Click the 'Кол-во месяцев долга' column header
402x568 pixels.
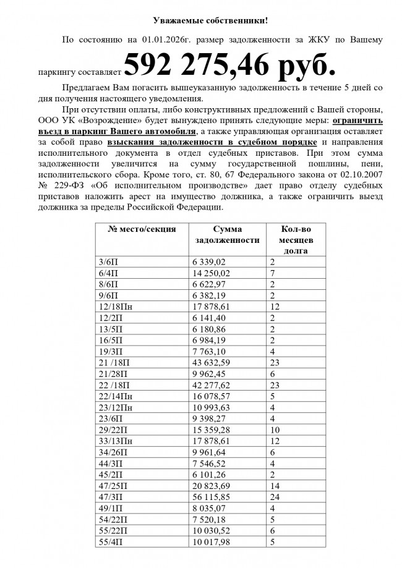coord(296,239)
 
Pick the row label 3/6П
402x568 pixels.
coord(108,262)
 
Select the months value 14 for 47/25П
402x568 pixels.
coord(275,485)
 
